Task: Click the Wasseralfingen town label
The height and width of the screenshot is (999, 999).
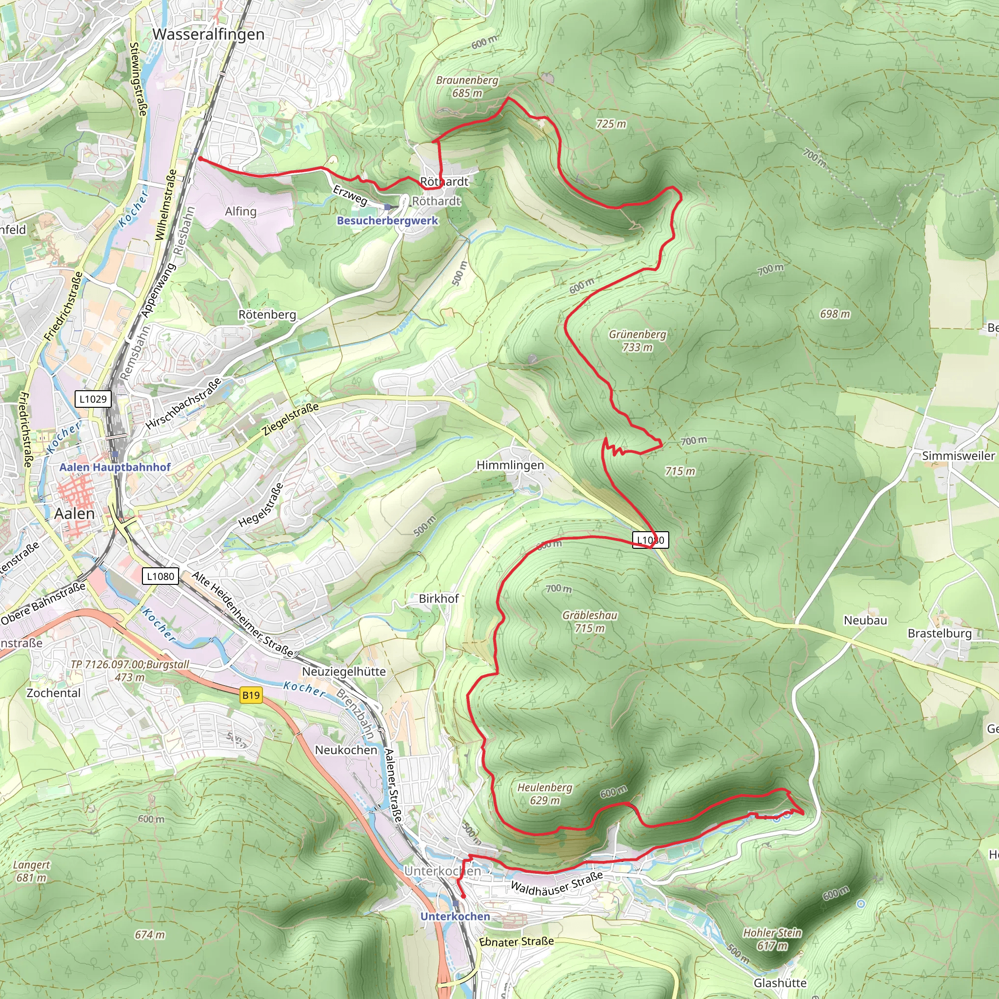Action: pyautogui.click(x=208, y=34)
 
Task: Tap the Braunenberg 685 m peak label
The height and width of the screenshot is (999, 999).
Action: pyautogui.click(x=467, y=86)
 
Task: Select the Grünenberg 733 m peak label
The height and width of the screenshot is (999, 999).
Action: pyautogui.click(x=637, y=340)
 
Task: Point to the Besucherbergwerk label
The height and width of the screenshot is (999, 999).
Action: pyautogui.click(x=387, y=221)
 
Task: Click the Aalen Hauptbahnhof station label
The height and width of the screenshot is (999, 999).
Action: pyautogui.click(x=115, y=467)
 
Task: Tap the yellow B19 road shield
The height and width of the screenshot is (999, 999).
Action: pyautogui.click(x=251, y=695)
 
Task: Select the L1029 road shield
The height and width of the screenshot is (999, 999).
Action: pyautogui.click(x=93, y=399)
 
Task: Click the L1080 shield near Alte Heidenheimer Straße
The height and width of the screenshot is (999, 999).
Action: pyautogui.click(x=160, y=576)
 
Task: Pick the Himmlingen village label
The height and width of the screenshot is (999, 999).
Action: pyautogui.click(x=510, y=465)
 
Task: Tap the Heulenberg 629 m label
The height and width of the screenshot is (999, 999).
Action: pyautogui.click(x=544, y=794)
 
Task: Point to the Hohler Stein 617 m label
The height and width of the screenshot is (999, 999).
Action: pyautogui.click(x=772, y=939)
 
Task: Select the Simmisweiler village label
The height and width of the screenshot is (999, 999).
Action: pyautogui.click(x=958, y=456)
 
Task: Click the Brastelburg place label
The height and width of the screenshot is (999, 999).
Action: pyautogui.click(x=939, y=634)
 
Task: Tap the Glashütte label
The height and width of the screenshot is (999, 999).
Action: pyautogui.click(x=780, y=983)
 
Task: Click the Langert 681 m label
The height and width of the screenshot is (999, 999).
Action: pyautogui.click(x=32, y=871)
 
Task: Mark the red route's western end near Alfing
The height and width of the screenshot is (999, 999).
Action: pyautogui.click(x=200, y=159)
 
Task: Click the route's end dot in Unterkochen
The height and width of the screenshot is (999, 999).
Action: pyautogui.click(x=463, y=896)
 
